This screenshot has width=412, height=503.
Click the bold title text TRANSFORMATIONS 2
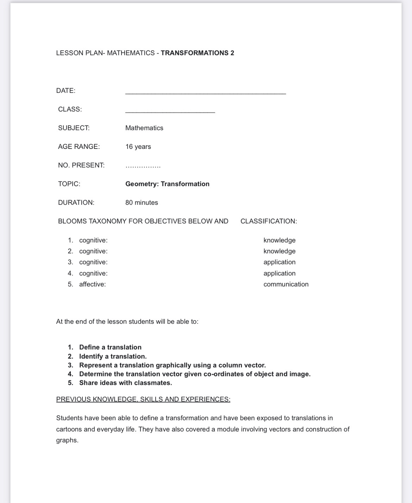tap(197, 53)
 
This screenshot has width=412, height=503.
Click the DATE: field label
tap(66, 91)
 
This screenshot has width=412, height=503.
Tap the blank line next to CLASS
tap(170, 112)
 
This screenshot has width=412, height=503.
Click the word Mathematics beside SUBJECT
tap(144, 128)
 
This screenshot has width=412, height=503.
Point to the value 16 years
tap(138, 147)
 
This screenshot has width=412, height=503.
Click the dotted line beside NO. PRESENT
tap(143, 166)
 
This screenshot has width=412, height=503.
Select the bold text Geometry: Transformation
tap(167, 184)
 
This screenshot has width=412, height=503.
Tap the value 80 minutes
tap(142, 203)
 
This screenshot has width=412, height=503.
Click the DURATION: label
tap(76, 203)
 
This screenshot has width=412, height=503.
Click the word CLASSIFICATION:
tap(268, 221)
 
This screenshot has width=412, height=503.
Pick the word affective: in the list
tap(92, 284)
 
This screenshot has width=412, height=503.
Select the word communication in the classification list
tap(286, 284)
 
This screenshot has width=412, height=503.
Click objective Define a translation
tap(110, 347)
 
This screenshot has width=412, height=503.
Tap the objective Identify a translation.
tap(113, 356)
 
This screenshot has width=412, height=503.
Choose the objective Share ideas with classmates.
tap(125, 383)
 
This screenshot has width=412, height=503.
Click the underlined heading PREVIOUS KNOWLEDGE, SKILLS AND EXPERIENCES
tap(143, 400)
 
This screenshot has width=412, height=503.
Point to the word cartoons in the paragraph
tap(69, 429)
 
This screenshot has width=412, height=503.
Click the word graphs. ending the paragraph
tap(67, 440)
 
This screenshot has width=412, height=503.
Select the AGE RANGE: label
tap(79, 147)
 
